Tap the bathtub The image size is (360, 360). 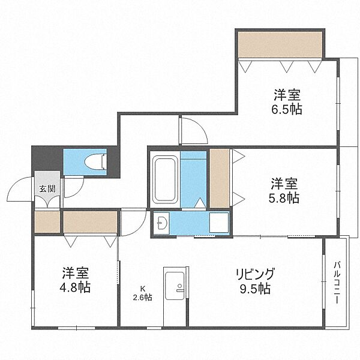tap(165, 179)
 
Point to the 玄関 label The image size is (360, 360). tap(47, 189)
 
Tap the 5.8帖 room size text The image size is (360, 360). tap(284, 198)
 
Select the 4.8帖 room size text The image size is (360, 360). tap(75, 287)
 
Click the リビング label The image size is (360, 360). tap(256, 274)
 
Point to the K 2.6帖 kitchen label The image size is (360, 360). tap(143, 293)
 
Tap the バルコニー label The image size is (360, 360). tap(337, 283)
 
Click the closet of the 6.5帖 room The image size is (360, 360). tap(280, 45)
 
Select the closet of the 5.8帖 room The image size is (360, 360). tap(220, 178)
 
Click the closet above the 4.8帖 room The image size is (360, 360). tap(90, 222)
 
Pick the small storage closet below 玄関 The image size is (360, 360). tap(47, 222)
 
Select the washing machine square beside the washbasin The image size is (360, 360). tap(219, 223)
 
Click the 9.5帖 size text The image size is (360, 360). tap(255, 289)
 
